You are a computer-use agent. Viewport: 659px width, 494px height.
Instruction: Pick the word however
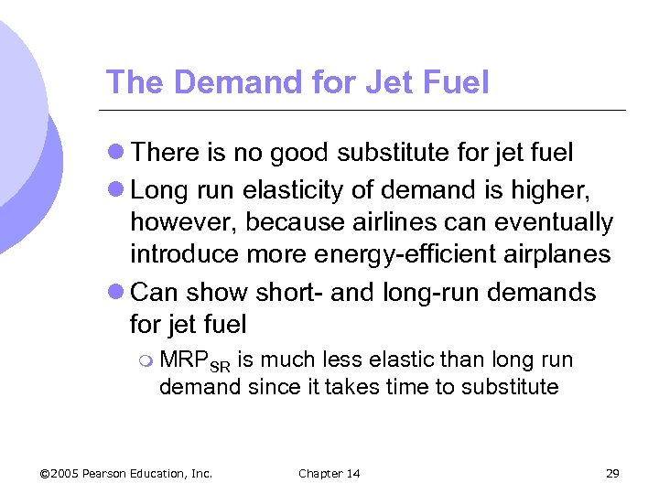186,222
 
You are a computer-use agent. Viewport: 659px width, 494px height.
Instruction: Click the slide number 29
612,473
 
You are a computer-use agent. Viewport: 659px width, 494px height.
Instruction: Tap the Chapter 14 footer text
329,473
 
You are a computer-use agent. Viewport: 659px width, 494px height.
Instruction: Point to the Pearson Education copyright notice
126,473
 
